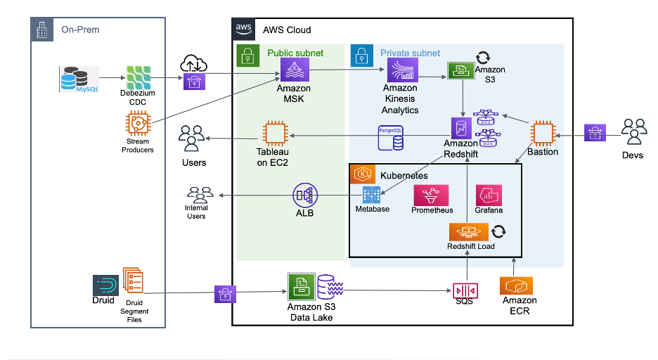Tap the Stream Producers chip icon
(137, 124)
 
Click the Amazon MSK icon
(293, 70)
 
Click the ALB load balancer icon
(304, 195)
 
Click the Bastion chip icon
(543, 134)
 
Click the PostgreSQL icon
(391, 138)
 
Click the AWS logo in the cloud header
(244, 30)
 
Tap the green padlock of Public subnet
(247, 56)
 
